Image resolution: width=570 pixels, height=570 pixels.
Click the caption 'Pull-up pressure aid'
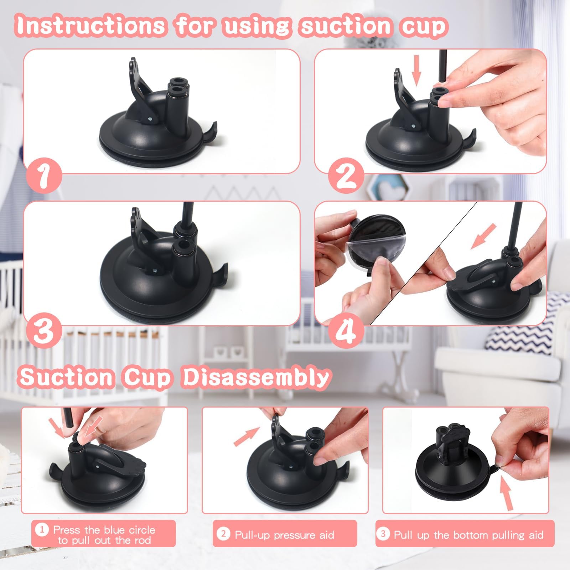(284, 535)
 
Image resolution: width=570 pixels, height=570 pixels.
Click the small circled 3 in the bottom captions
(383, 534)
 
